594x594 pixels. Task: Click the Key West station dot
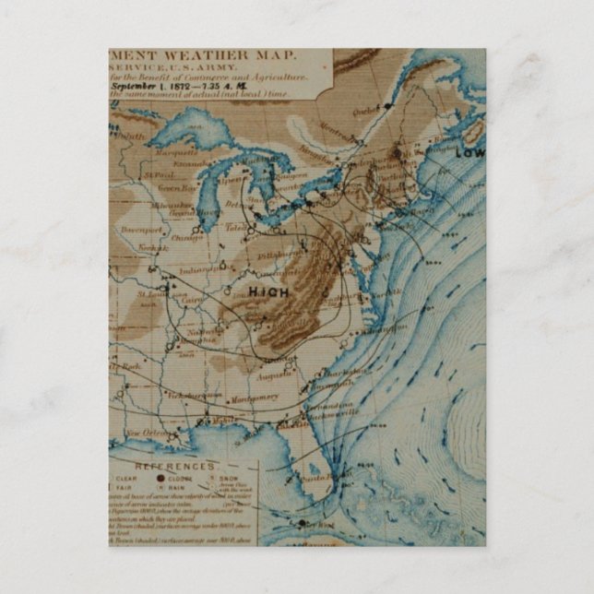[301, 525]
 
